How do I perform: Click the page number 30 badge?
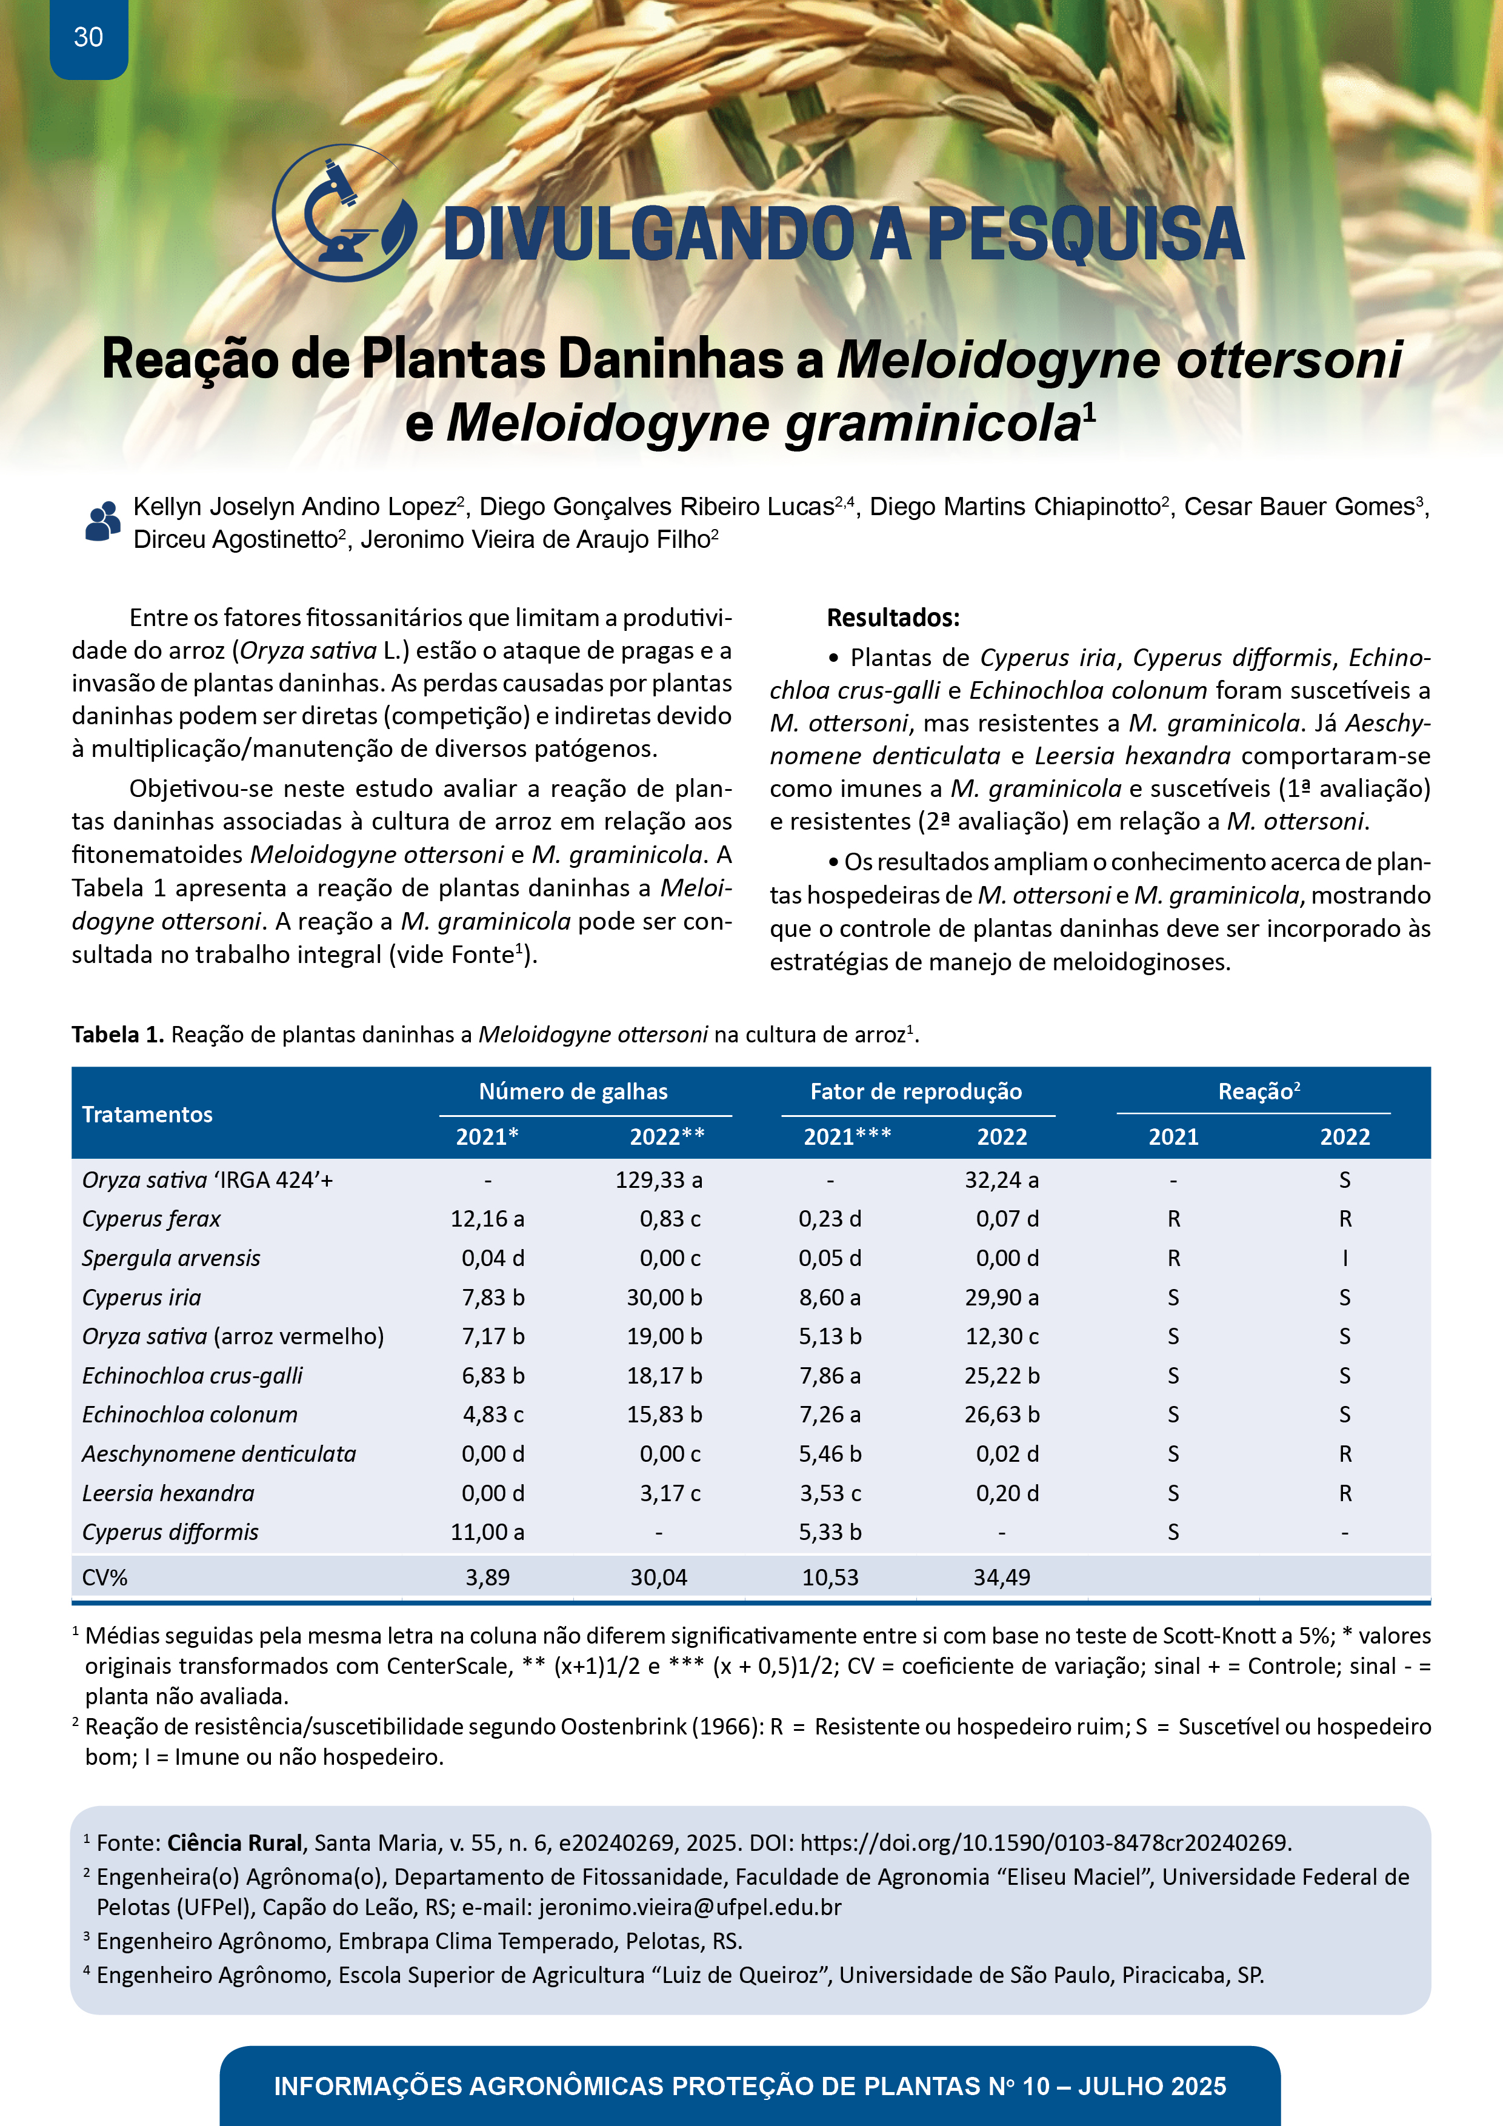(88, 38)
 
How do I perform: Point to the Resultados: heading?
(893, 618)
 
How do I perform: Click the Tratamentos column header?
(147, 1114)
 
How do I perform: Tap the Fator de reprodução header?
(915, 1091)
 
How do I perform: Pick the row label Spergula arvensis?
(172, 1258)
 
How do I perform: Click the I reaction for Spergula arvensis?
(1345, 1258)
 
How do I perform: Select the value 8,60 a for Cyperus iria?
(830, 1298)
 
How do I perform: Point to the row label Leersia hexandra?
(168, 1493)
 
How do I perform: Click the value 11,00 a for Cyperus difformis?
(487, 1533)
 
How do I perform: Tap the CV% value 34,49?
(1001, 1577)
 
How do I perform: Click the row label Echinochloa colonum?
(190, 1415)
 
